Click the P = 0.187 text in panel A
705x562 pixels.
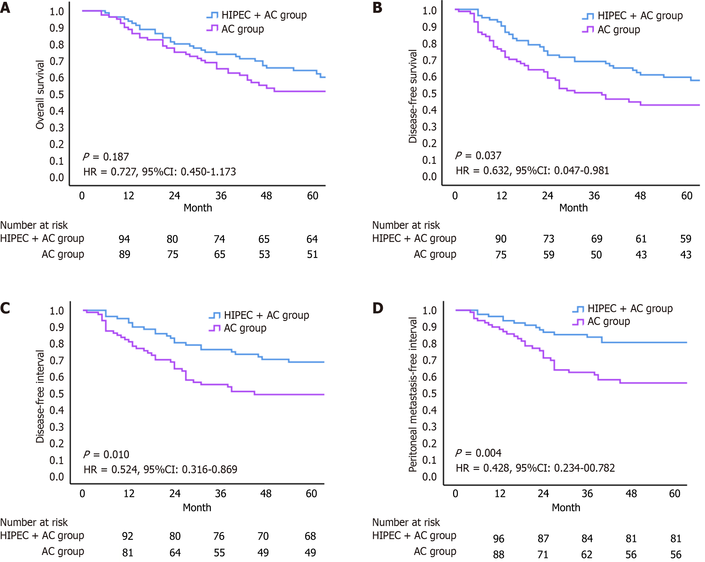click(106, 157)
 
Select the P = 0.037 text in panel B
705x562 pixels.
click(478, 155)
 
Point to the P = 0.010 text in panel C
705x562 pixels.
click(106, 455)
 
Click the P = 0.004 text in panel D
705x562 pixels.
click(478, 453)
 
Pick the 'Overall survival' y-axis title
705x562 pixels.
click(40, 95)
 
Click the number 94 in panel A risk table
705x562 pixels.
click(124, 239)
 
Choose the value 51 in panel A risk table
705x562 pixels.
click(312, 255)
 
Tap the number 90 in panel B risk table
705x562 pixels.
click(501, 239)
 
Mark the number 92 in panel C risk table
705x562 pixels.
click(128, 536)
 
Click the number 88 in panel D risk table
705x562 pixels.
click(499, 555)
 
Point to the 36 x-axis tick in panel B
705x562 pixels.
click(594, 196)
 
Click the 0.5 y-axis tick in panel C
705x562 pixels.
click(57, 394)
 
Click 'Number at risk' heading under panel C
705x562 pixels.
click(34, 522)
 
